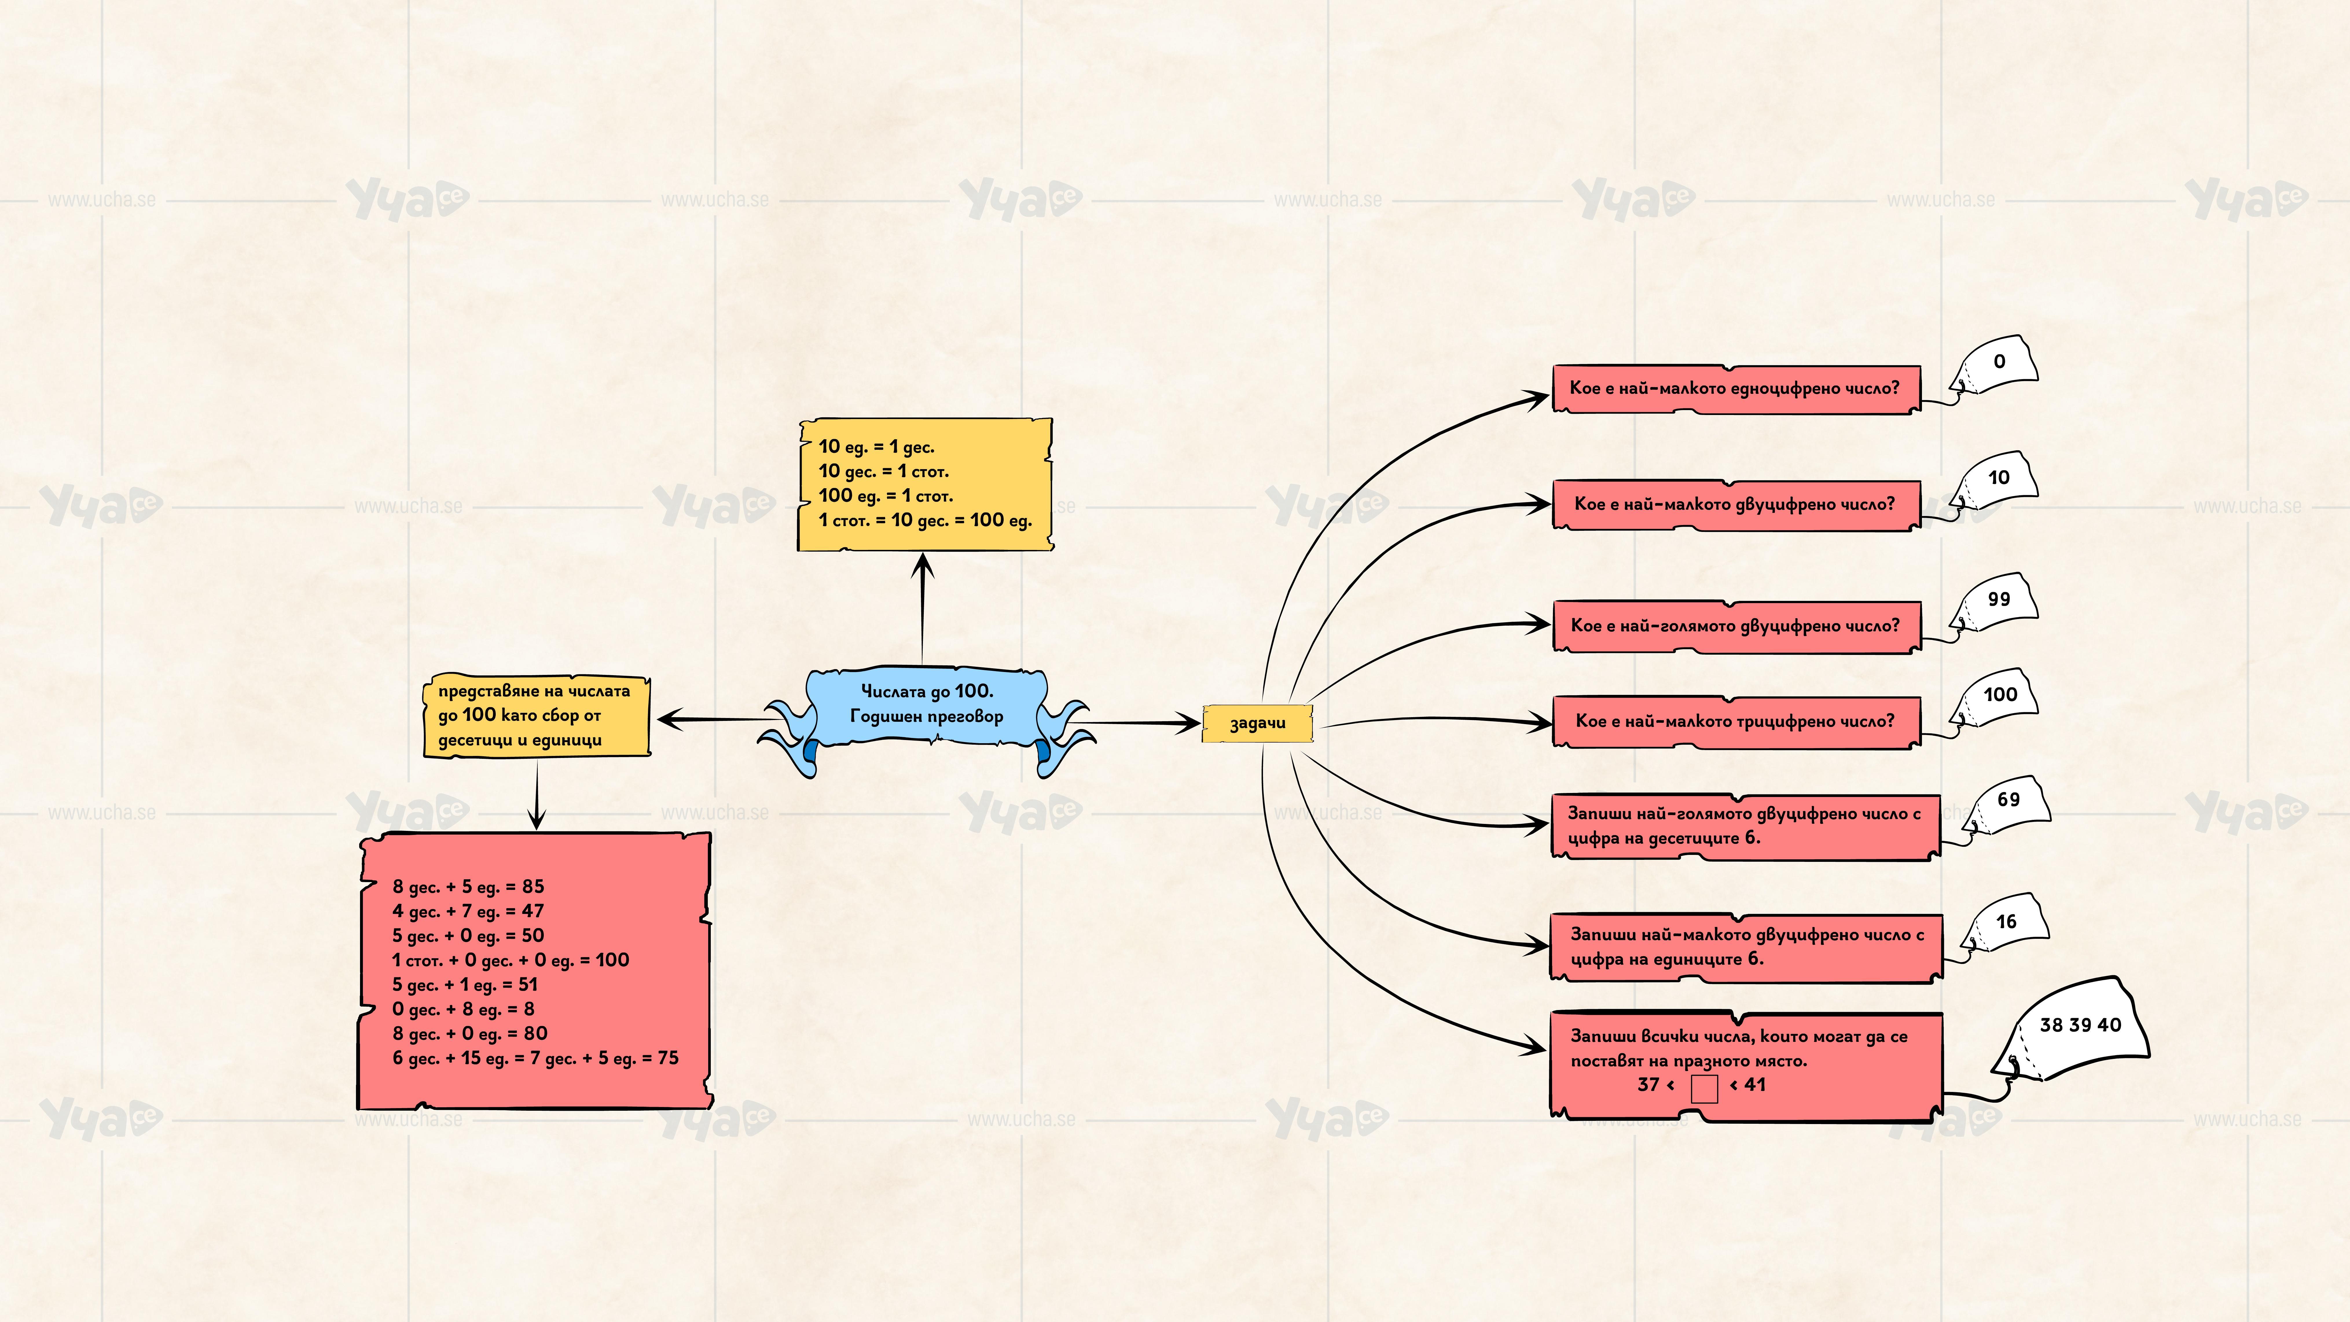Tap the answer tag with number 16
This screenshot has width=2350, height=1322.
(2005, 923)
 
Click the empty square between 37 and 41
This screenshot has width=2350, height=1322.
(1703, 1088)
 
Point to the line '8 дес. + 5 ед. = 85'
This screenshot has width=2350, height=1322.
(468, 887)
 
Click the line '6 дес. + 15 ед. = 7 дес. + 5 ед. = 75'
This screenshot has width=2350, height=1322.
(535, 1058)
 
